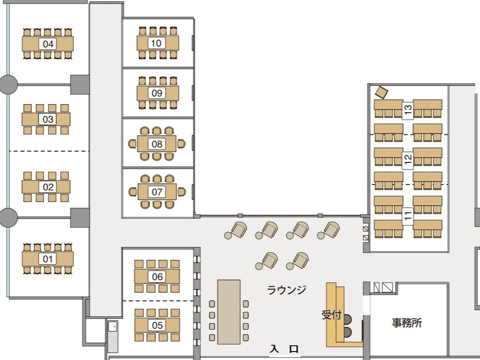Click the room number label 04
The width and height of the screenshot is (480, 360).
pyautogui.click(x=48, y=44)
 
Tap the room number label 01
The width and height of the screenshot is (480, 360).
pyautogui.click(x=48, y=259)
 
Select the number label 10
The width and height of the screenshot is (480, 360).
pyautogui.click(x=157, y=43)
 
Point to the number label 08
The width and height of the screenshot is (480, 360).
pyautogui.click(x=157, y=144)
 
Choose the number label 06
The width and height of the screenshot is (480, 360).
pyautogui.click(x=157, y=277)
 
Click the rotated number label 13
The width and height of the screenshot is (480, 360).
pyautogui.click(x=408, y=110)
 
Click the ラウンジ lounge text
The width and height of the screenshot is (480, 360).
pyautogui.click(x=286, y=290)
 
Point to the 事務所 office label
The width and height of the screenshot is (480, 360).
pyautogui.click(x=407, y=323)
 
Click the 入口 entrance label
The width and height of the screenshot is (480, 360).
pyautogui.click(x=284, y=349)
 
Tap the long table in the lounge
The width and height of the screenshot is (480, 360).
pyautogui.click(x=229, y=311)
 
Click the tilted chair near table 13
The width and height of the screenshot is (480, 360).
pyautogui.click(x=381, y=93)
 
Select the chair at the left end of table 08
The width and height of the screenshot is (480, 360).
pyautogui.click(x=132, y=144)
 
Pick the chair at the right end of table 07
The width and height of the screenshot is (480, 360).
pyautogui.click(x=182, y=192)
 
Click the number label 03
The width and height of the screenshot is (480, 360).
pyautogui.click(x=48, y=119)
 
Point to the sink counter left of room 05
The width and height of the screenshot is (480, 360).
pyautogui.click(x=113, y=336)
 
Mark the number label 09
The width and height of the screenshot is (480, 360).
pyautogui.click(x=157, y=93)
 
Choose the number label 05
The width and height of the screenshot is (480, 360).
pyautogui.click(x=157, y=325)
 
